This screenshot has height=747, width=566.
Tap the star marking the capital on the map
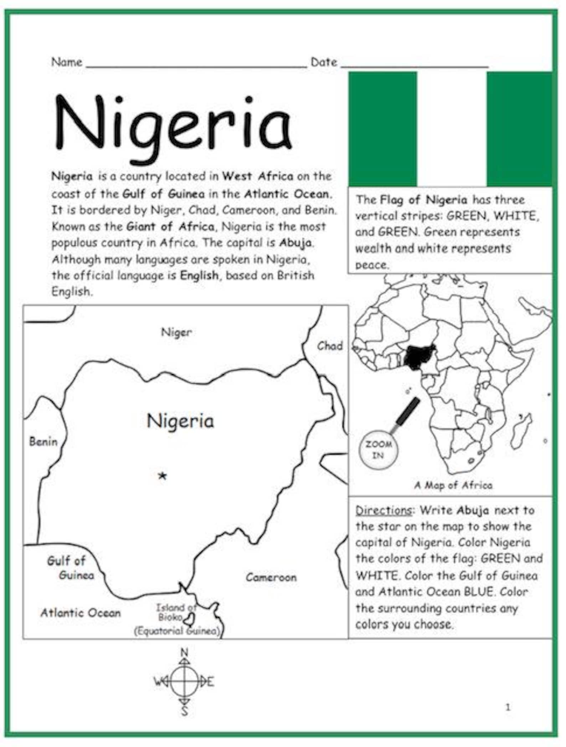click(163, 475)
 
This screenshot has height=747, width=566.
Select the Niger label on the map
click(176, 333)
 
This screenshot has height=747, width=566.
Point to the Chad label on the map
click(330, 346)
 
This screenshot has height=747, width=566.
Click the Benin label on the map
click(43, 442)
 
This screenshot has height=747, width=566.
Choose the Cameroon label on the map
click(271, 577)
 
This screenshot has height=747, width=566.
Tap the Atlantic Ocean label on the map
click(81, 613)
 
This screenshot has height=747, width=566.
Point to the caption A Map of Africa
click(453, 485)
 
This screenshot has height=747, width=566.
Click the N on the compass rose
click(184, 653)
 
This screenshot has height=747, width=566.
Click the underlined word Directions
click(384, 510)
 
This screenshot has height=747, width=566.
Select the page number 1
click(508, 707)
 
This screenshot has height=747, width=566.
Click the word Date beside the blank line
click(324, 62)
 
